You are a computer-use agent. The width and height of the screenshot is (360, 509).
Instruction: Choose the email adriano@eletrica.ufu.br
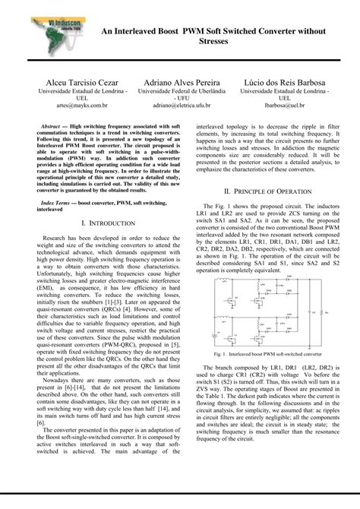click(179, 107)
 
